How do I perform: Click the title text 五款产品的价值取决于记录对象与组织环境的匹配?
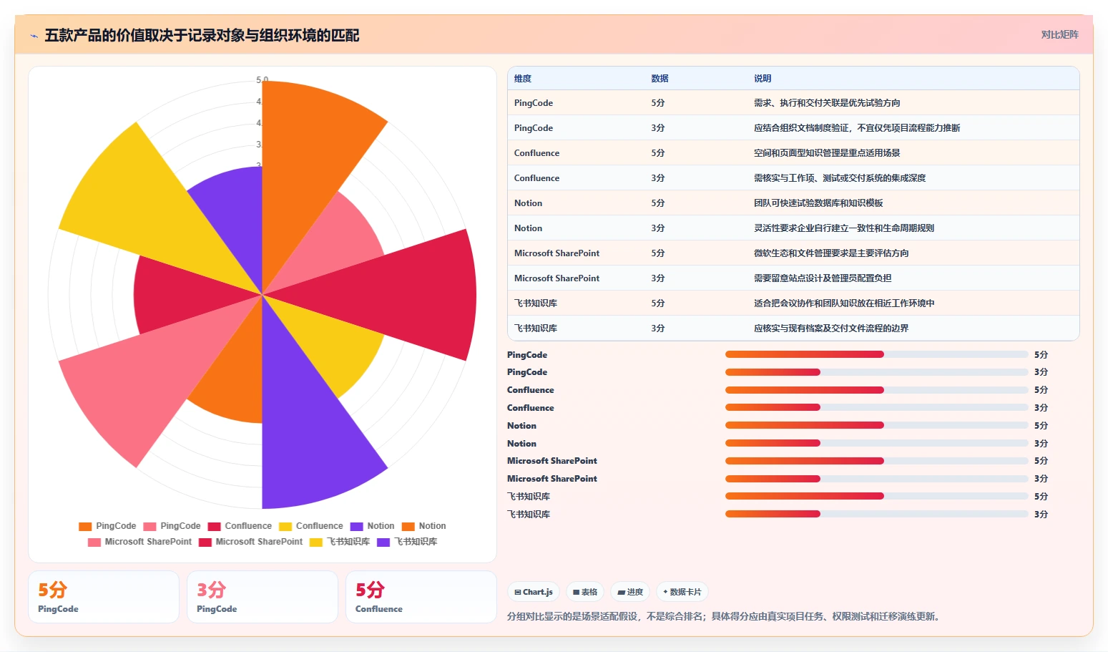click(x=202, y=35)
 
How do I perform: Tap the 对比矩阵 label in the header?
click(x=1059, y=34)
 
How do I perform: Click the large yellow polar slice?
click(x=148, y=198)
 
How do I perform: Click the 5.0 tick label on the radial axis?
click(x=263, y=79)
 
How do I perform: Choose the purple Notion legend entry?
click(x=372, y=526)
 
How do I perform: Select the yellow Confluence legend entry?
click(x=310, y=526)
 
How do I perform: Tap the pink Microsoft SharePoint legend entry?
click(x=139, y=542)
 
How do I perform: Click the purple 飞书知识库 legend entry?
click(x=407, y=542)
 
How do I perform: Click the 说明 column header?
click(x=763, y=78)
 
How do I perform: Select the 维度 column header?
click(x=522, y=78)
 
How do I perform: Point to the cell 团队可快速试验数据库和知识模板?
click(x=818, y=203)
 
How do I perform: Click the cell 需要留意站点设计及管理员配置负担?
click(x=823, y=278)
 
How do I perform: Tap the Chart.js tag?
click(x=533, y=592)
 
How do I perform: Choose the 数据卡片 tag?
click(x=682, y=592)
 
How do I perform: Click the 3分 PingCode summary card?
click(x=263, y=597)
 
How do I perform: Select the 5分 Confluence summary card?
click(x=421, y=597)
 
